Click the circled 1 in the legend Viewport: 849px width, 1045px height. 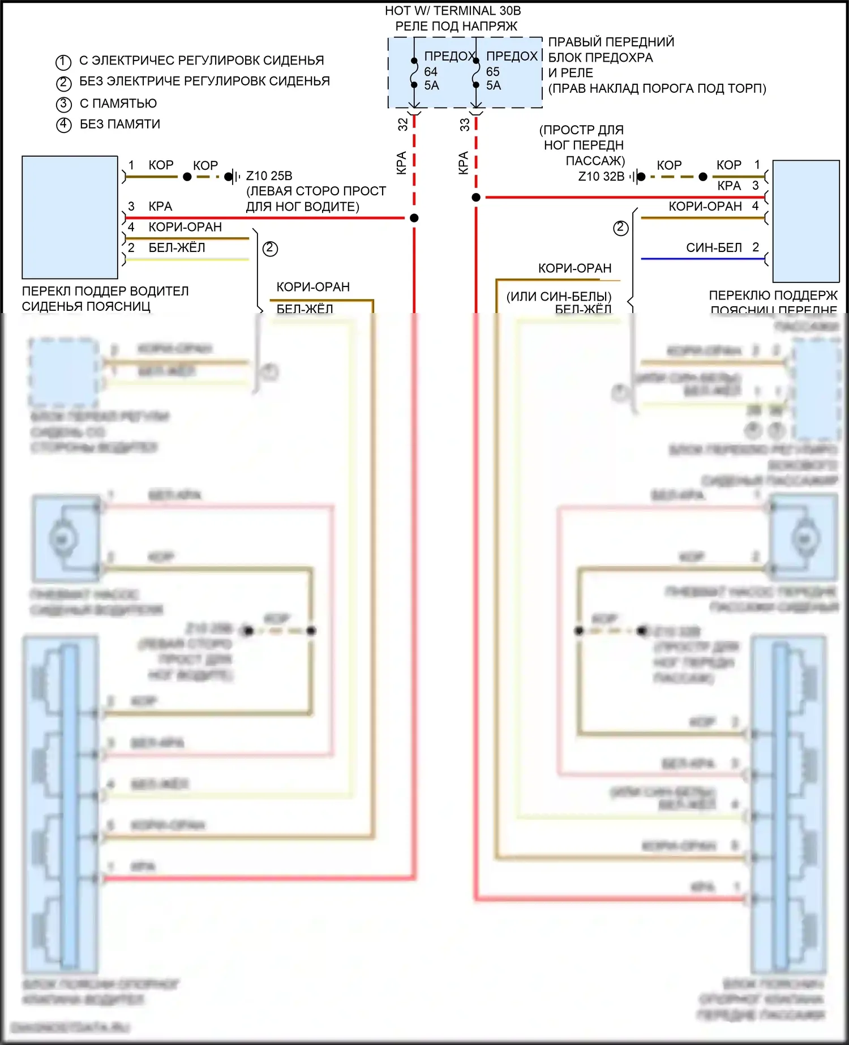coord(63,62)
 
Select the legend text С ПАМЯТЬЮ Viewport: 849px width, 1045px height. coord(118,104)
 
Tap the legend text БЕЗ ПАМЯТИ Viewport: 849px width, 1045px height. coord(120,124)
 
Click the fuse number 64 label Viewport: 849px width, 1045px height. coord(431,72)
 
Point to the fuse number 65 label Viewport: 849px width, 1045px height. coord(493,72)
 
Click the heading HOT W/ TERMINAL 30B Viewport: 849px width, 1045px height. coord(453,11)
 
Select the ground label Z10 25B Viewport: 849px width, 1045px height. coord(269,176)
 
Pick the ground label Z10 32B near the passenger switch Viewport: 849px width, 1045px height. coord(601,177)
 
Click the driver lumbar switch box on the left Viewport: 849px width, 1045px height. coord(70,217)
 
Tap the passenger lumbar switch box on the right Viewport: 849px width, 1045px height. coord(806,221)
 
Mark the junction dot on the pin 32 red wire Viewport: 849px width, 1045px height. coord(414,218)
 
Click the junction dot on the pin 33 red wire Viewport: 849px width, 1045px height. coord(476,198)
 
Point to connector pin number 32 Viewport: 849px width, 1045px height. coord(403,125)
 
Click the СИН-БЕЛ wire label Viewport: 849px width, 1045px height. coord(714,248)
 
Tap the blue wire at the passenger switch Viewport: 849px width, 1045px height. coord(702,259)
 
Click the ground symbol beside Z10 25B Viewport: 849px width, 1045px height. coord(231,177)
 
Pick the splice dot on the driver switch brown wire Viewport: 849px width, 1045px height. coord(187,177)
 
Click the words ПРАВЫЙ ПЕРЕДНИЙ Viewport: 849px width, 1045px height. coord(611,42)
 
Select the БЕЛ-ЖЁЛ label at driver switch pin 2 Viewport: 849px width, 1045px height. coord(177,248)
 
